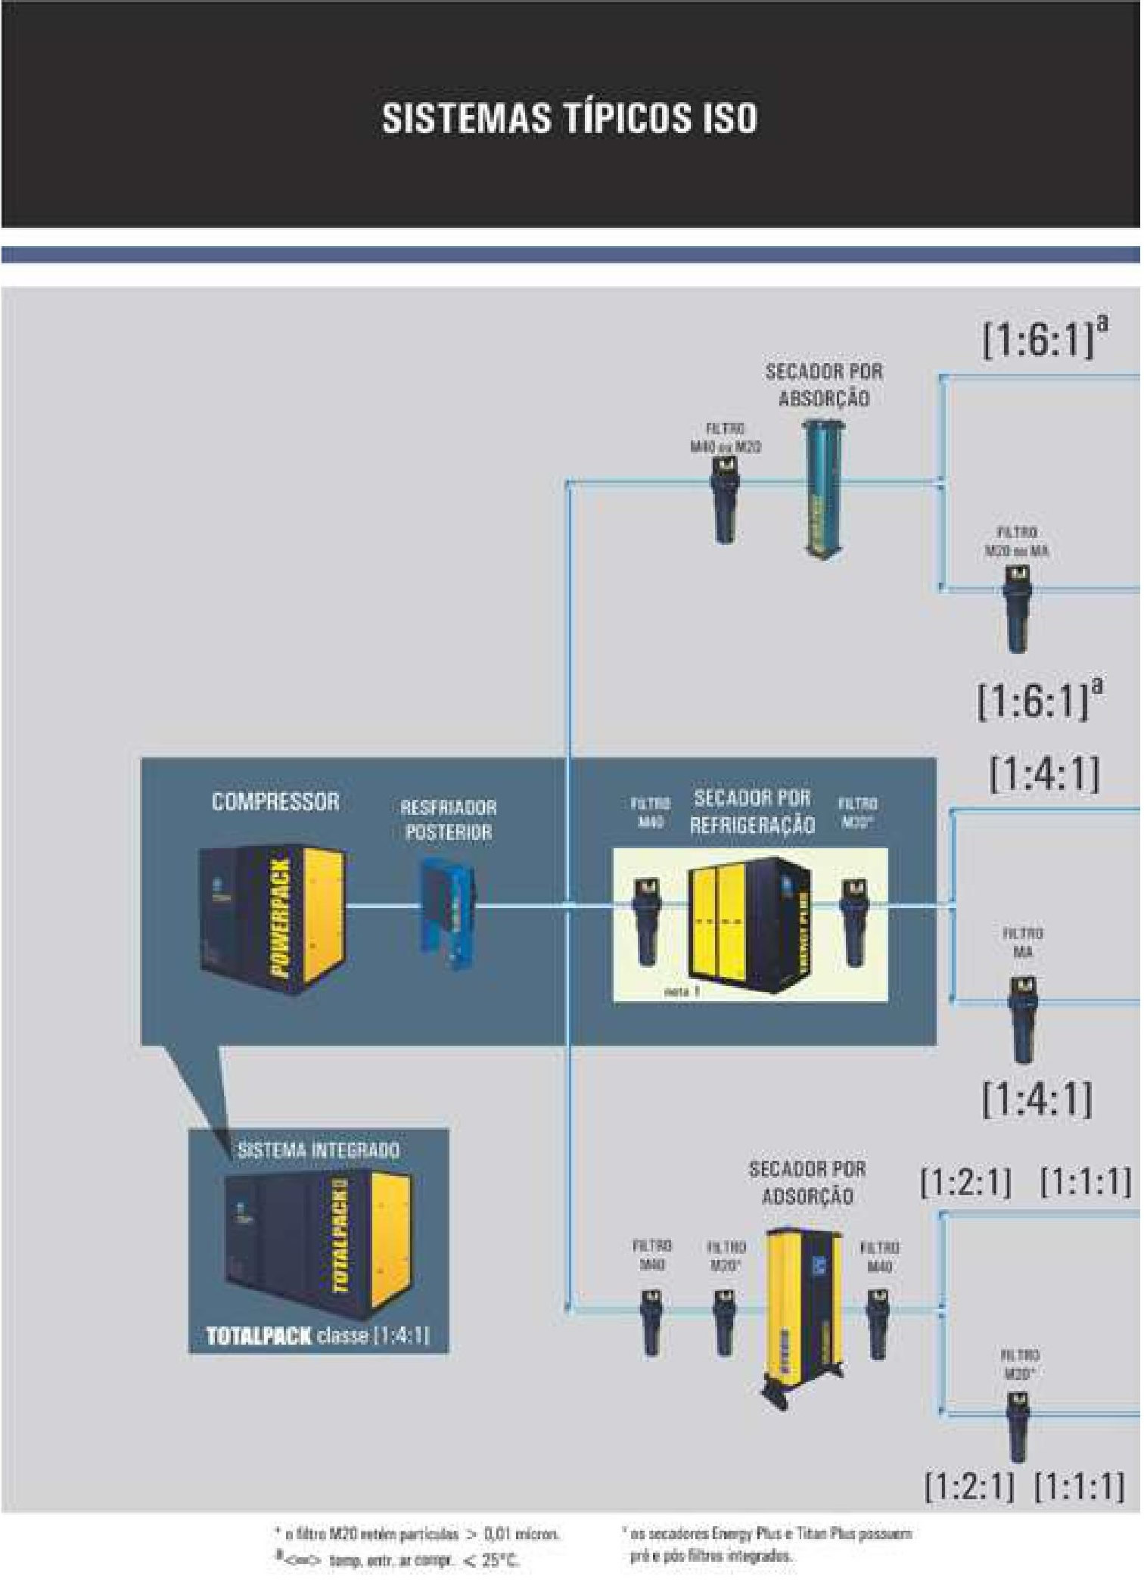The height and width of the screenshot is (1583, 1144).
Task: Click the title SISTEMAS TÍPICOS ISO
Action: click(x=569, y=119)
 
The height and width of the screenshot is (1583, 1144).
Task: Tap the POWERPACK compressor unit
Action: click(x=273, y=919)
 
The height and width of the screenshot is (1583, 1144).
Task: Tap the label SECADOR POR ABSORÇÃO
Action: click(x=824, y=385)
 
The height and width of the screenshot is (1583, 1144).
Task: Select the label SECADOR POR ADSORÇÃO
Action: click(x=807, y=1182)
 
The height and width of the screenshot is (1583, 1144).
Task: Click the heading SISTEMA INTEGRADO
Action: click(x=319, y=1151)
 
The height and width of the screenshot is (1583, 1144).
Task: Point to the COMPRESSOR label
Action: click(x=275, y=802)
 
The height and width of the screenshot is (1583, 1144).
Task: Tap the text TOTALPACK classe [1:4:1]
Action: click(x=318, y=1336)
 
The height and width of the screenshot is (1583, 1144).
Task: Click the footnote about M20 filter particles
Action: click(x=417, y=1535)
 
